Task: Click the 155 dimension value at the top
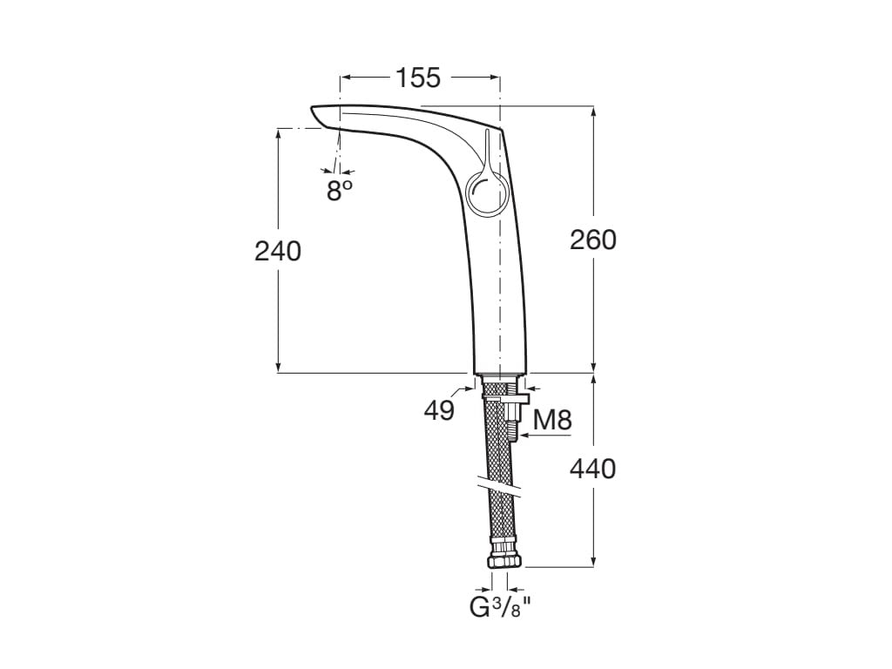(418, 78)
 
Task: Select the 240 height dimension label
(278, 251)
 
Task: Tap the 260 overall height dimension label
(592, 240)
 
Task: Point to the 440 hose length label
(592, 470)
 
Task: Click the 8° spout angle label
(340, 190)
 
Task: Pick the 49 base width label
(439, 409)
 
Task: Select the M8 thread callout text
(552, 421)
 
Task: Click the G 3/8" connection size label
(500, 608)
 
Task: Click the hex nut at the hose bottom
(504, 560)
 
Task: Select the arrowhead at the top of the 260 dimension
(594, 112)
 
